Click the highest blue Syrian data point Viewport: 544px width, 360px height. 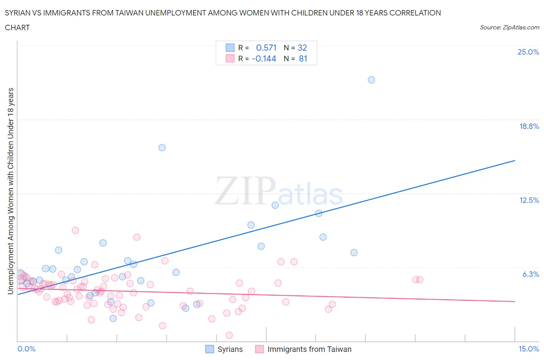pyautogui.click(x=371, y=80)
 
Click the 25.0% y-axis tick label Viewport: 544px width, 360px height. pyautogui.click(x=528, y=52)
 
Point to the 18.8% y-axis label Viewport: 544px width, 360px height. pyautogui.click(x=529, y=126)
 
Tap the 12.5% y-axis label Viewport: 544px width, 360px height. pyautogui.click(x=529, y=200)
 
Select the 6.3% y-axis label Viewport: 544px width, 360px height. pyautogui.click(x=530, y=274)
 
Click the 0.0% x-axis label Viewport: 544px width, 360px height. pyautogui.click(x=26, y=349)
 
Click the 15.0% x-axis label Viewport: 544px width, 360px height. pyautogui.click(x=529, y=349)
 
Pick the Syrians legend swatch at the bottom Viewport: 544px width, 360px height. pyautogui.click(x=209, y=349)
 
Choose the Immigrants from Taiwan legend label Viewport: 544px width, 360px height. pyautogui.click(x=309, y=349)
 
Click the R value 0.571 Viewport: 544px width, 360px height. pyautogui.click(x=266, y=48)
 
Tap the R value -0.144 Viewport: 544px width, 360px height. pyautogui.click(x=264, y=59)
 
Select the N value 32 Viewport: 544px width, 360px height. pyautogui.click(x=302, y=48)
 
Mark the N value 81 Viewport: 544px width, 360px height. pyautogui.click(x=303, y=59)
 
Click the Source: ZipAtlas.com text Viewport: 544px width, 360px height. pyautogui.click(x=509, y=27)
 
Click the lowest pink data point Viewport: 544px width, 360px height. pyautogui.click(x=229, y=335)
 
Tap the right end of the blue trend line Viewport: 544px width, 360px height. pyautogui.click(x=515, y=160)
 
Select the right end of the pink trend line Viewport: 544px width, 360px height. pyautogui.click(x=515, y=301)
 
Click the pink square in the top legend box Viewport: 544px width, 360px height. pyautogui.click(x=230, y=59)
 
